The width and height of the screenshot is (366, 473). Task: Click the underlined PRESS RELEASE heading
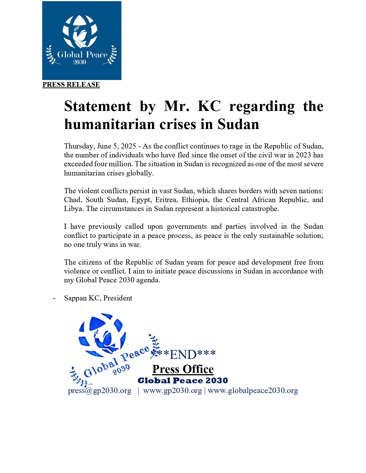point(71,85)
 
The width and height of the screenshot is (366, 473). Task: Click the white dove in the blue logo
point(80,37)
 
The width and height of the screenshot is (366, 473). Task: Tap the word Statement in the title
point(98,106)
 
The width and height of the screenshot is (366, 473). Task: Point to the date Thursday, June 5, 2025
point(100,146)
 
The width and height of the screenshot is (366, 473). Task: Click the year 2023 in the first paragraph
point(303,155)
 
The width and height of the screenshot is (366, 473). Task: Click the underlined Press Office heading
point(183,369)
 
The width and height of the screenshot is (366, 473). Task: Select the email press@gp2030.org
point(100,391)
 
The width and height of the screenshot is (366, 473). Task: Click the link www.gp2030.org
point(172,391)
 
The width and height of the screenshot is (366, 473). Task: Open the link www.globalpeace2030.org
point(253,391)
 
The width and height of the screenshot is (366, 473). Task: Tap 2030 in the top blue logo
point(80,62)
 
